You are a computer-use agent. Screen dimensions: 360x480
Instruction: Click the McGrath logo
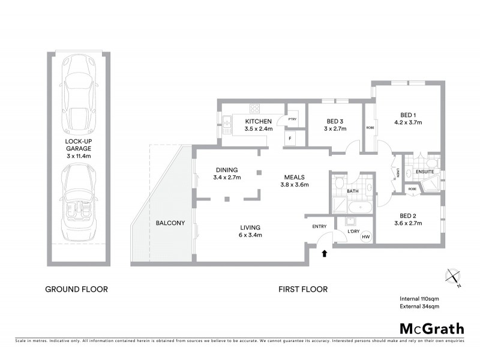coord(431,328)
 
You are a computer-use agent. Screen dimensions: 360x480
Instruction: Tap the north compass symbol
coord(453,277)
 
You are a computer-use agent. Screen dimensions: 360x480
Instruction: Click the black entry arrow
coord(325,253)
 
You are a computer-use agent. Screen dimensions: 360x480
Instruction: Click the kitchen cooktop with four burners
coord(254,109)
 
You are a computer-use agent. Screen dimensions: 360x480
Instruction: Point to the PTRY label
coord(293,119)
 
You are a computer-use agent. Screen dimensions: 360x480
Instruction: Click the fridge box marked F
coord(291,139)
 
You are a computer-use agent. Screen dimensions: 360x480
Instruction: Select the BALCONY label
coord(169,223)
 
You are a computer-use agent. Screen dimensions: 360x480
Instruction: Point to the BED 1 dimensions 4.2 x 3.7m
coord(408,122)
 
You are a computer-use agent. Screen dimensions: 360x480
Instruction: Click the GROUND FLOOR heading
coord(77,289)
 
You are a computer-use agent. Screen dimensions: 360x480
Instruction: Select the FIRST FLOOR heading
coord(303,289)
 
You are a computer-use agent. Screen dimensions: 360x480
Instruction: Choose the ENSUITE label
coord(425,171)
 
